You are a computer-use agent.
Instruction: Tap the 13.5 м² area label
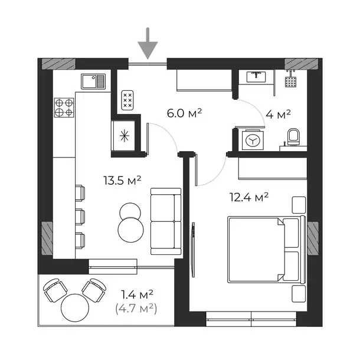(120, 181)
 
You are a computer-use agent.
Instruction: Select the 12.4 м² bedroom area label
(248, 197)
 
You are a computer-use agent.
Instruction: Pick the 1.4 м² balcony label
(138, 293)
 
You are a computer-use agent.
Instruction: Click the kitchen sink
(93, 81)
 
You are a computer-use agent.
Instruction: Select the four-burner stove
(64, 107)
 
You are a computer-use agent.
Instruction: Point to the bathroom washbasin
(256, 76)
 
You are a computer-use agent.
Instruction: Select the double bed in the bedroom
(264, 250)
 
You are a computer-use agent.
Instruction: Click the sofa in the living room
(165, 213)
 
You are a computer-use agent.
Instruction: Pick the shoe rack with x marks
(127, 100)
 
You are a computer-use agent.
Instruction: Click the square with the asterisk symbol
(124, 135)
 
